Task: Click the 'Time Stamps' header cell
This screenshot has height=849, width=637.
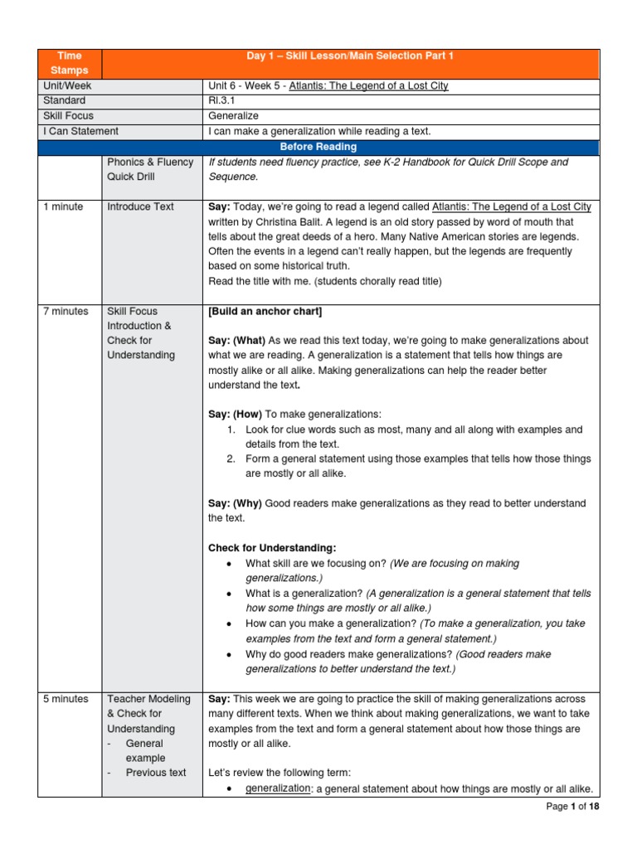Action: click(x=69, y=63)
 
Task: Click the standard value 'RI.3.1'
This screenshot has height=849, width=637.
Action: click(x=222, y=101)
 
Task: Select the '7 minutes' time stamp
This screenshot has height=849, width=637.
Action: click(x=66, y=311)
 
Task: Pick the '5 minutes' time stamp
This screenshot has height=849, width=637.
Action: click(x=66, y=699)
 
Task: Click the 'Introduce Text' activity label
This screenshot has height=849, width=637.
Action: click(x=140, y=206)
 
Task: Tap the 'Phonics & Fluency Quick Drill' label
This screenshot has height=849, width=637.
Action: click(x=150, y=169)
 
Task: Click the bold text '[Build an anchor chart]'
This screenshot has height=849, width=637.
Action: click(x=265, y=311)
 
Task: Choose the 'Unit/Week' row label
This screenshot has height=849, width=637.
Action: click(x=67, y=86)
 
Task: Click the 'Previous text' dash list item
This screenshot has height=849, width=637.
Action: click(x=156, y=773)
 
